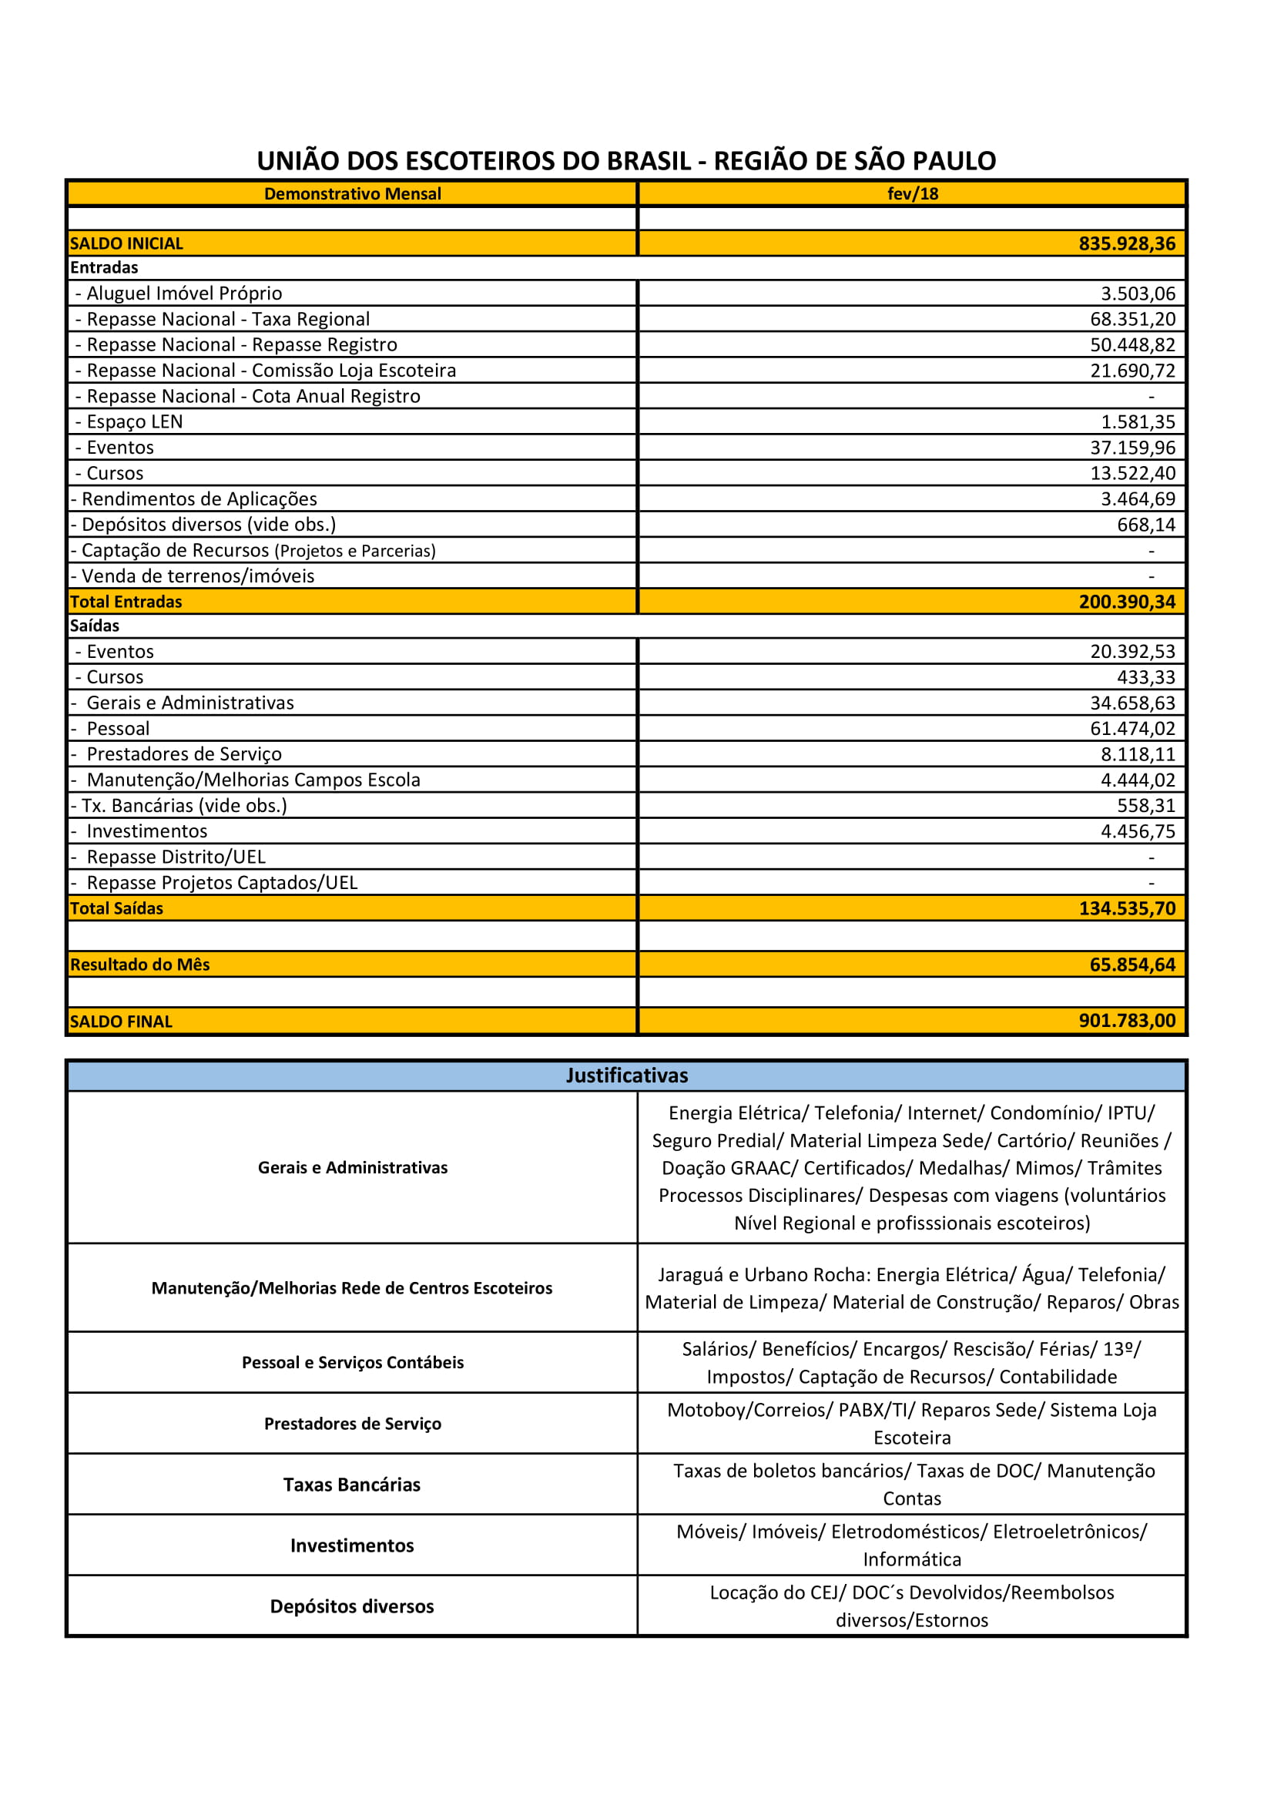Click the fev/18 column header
(911, 194)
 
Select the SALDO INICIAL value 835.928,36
(1127, 243)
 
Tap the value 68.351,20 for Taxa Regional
(1132, 320)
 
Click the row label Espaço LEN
(134, 422)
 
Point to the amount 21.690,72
(1132, 371)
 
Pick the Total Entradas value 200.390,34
(1127, 602)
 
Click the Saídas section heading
(94, 626)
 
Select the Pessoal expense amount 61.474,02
(1132, 728)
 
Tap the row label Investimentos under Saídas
(146, 831)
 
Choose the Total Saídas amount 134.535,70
(1127, 908)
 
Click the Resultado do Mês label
(139, 965)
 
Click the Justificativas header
(627, 1075)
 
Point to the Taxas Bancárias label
(351, 1484)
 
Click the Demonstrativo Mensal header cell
(352, 194)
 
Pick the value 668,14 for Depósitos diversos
(1145, 525)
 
